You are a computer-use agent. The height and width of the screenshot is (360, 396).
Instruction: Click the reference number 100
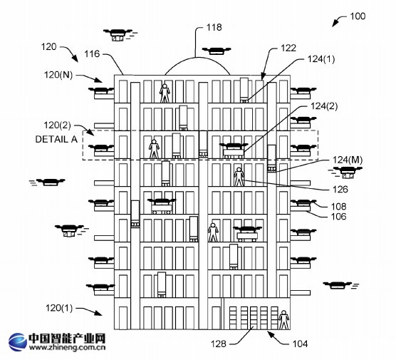click(x=358, y=16)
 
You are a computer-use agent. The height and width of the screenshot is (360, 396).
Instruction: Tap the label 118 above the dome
click(x=214, y=27)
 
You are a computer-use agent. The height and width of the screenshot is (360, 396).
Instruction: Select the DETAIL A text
click(x=56, y=139)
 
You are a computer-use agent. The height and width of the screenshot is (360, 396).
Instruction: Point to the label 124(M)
click(x=348, y=160)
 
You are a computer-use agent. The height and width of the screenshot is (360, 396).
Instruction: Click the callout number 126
click(x=340, y=190)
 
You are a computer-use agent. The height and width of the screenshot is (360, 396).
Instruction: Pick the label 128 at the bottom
click(x=219, y=344)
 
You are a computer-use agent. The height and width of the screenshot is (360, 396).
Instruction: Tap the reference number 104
click(x=300, y=344)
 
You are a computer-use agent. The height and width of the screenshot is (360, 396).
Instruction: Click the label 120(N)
click(x=58, y=75)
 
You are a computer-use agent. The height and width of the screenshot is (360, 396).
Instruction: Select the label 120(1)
click(x=59, y=308)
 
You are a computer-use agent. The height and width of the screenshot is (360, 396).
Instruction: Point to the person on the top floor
click(x=165, y=93)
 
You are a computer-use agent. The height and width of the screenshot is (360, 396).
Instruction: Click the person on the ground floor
click(x=284, y=320)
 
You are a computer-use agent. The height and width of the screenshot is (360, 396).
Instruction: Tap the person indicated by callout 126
click(x=239, y=177)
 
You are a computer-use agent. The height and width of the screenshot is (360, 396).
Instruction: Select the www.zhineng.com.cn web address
click(x=67, y=348)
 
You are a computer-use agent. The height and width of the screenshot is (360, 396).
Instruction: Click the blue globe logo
click(x=17, y=342)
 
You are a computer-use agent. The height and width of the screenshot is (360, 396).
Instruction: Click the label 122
click(x=288, y=48)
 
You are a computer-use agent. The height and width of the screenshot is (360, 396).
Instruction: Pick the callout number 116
click(x=92, y=54)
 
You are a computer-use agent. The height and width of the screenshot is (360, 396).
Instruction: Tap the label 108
click(x=339, y=207)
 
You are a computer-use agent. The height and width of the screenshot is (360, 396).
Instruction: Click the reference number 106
click(x=339, y=217)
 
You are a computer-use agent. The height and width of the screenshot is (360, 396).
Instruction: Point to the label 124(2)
click(x=324, y=106)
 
